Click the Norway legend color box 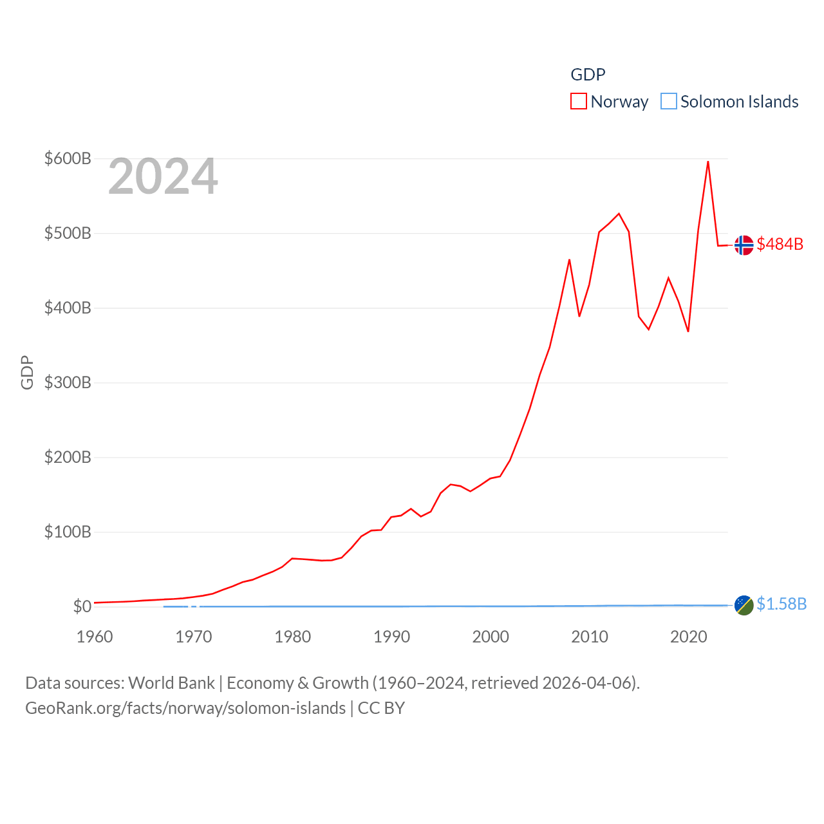[x=578, y=102]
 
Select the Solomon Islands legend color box [x=669, y=102]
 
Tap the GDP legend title [x=588, y=75]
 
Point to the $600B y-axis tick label [x=68, y=158]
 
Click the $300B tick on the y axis [x=68, y=382]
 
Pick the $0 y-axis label [x=82, y=606]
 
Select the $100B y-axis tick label [x=68, y=532]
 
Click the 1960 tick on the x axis [x=95, y=637]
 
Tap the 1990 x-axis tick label [x=391, y=637]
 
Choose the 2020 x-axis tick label [x=689, y=637]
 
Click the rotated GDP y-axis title [x=27, y=372]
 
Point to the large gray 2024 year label [x=163, y=176]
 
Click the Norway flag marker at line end [x=744, y=245]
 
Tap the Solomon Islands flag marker [x=744, y=604]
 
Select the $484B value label [x=780, y=244]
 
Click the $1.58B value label [x=782, y=604]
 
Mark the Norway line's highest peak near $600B [x=708, y=162]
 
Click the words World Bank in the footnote [x=171, y=682]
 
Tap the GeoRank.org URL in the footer [x=185, y=708]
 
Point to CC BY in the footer [x=381, y=708]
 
